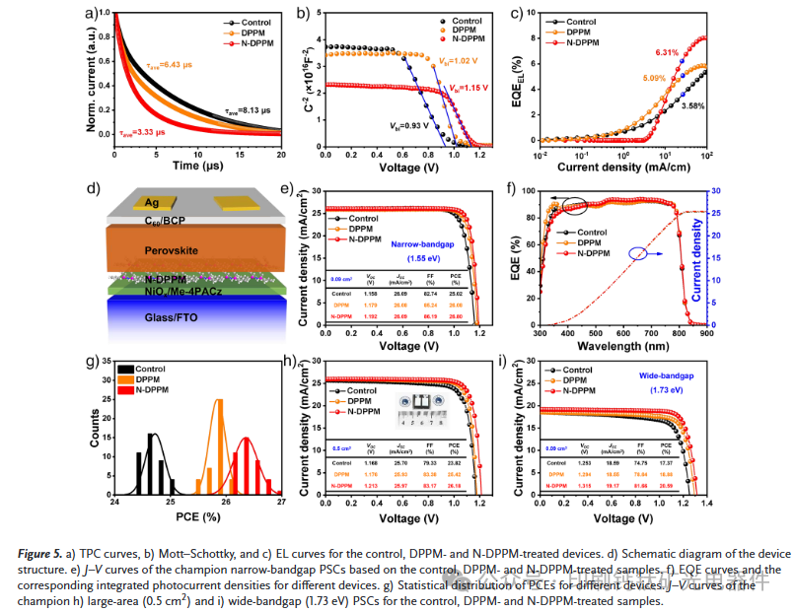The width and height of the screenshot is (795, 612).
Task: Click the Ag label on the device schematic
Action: [153, 202]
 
